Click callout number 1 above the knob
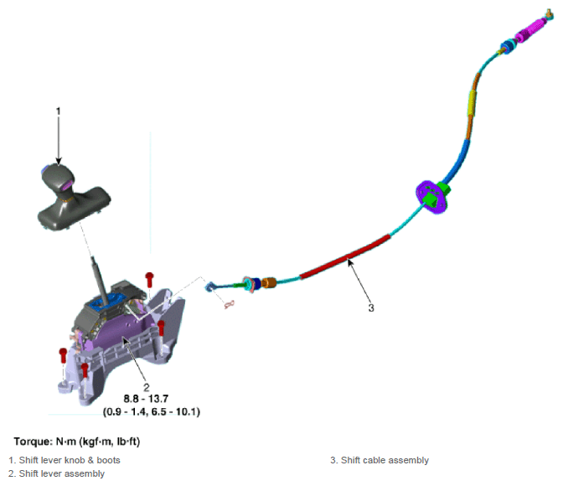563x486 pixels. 59,111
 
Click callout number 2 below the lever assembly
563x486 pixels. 146,387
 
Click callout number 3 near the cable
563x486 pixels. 371,308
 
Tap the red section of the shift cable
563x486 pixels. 344,256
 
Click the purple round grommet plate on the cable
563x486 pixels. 432,197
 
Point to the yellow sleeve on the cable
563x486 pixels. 472,102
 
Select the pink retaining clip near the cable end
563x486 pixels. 229,305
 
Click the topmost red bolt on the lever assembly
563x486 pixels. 149,280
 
